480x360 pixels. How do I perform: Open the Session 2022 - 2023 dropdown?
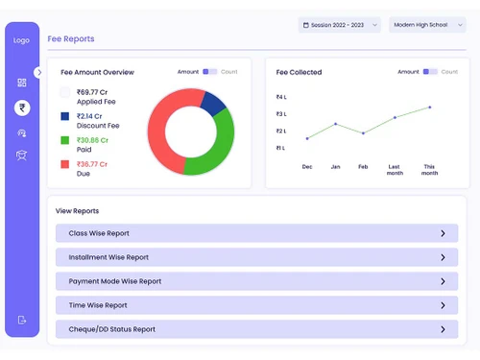click(340, 25)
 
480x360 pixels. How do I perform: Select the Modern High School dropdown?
click(427, 25)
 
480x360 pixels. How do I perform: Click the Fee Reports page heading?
click(71, 39)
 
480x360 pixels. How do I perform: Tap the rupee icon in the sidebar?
click(22, 108)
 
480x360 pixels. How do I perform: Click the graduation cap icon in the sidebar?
click(22, 155)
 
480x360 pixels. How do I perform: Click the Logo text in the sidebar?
click(22, 40)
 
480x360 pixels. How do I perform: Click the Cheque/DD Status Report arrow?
click(443, 329)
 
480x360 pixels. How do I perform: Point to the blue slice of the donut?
click(214, 102)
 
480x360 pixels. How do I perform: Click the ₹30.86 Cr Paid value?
click(94, 140)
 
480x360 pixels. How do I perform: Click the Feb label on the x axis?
click(363, 166)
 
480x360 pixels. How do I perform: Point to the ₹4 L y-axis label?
click(281, 97)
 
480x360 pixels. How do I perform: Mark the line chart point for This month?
click(429, 108)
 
